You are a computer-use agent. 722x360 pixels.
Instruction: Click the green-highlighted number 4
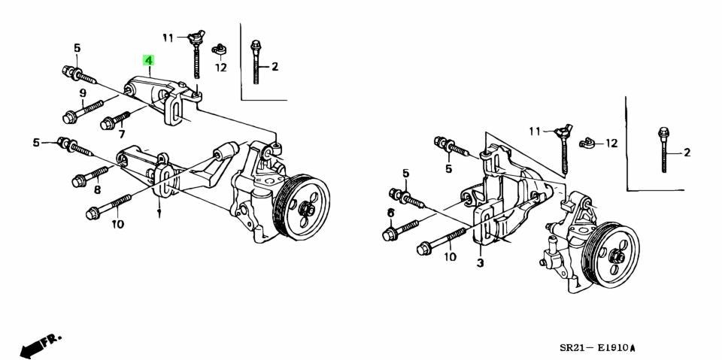(x=148, y=60)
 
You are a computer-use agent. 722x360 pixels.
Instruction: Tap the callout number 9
(x=83, y=93)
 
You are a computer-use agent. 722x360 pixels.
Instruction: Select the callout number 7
(x=122, y=135)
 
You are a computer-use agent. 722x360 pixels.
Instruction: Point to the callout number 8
(x=97, y=189)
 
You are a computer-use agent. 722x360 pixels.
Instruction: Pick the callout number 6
(x=391, y=213)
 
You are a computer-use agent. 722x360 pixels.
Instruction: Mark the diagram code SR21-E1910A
(x=598, y=347)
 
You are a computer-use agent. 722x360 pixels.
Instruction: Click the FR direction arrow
(x=40, y=345)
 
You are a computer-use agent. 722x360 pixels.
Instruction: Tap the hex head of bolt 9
(x=68, y=118)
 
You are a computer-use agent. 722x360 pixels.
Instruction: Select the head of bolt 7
(x=106, y=123)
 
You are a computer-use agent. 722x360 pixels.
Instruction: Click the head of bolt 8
(x=77, y=181)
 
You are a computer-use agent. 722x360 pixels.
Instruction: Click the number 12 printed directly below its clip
(x=221, y=68)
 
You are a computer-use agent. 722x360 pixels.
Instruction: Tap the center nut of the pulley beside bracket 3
(x=616, y=256)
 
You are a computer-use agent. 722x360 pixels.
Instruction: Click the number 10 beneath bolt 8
(x=118, y=225)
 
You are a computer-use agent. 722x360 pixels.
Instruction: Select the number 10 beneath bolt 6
(x=450, y=256)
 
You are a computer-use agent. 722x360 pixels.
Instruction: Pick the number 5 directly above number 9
(x=77, y=48)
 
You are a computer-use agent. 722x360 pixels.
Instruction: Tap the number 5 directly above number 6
(x=405, y=173)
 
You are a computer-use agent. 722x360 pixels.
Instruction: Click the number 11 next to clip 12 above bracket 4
(x=168, y=38)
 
